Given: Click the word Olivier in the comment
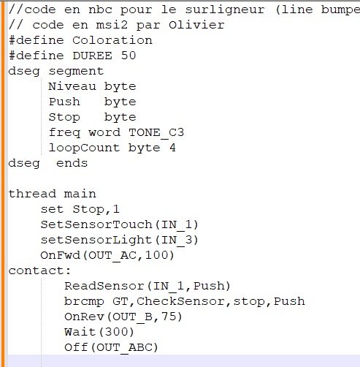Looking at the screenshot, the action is [x=196, y=25].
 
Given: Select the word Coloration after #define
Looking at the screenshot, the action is [x=112, y=40].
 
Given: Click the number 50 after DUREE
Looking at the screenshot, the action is [x=129, y=56].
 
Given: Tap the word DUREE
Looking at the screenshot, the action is [x=93, y=56].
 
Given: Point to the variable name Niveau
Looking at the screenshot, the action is [x=72, y=86].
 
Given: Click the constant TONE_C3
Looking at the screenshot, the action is [x=156, y=133].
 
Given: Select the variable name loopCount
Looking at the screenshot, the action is [x=84, y=148].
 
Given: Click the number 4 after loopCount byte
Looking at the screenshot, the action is [x=172, y=148].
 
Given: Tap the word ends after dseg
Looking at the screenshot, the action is [x=72, y=163].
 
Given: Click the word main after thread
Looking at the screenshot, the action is [x=80, y=194].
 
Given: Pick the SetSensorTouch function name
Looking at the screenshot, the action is [x=96, y=224].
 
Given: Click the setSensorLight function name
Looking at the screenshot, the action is [x=96, y=240].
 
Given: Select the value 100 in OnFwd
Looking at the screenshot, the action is [x=159, y=255].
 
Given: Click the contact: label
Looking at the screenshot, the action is [x=39, y=270].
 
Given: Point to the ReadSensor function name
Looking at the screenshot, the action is [x=104, y=286].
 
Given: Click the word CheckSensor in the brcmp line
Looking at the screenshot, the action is [x=180, y=301].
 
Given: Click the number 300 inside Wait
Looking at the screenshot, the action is [x=116, y=332].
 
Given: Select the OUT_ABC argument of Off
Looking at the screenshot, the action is [x=124, y=348].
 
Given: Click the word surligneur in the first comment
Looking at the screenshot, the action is [x=225, y=10].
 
